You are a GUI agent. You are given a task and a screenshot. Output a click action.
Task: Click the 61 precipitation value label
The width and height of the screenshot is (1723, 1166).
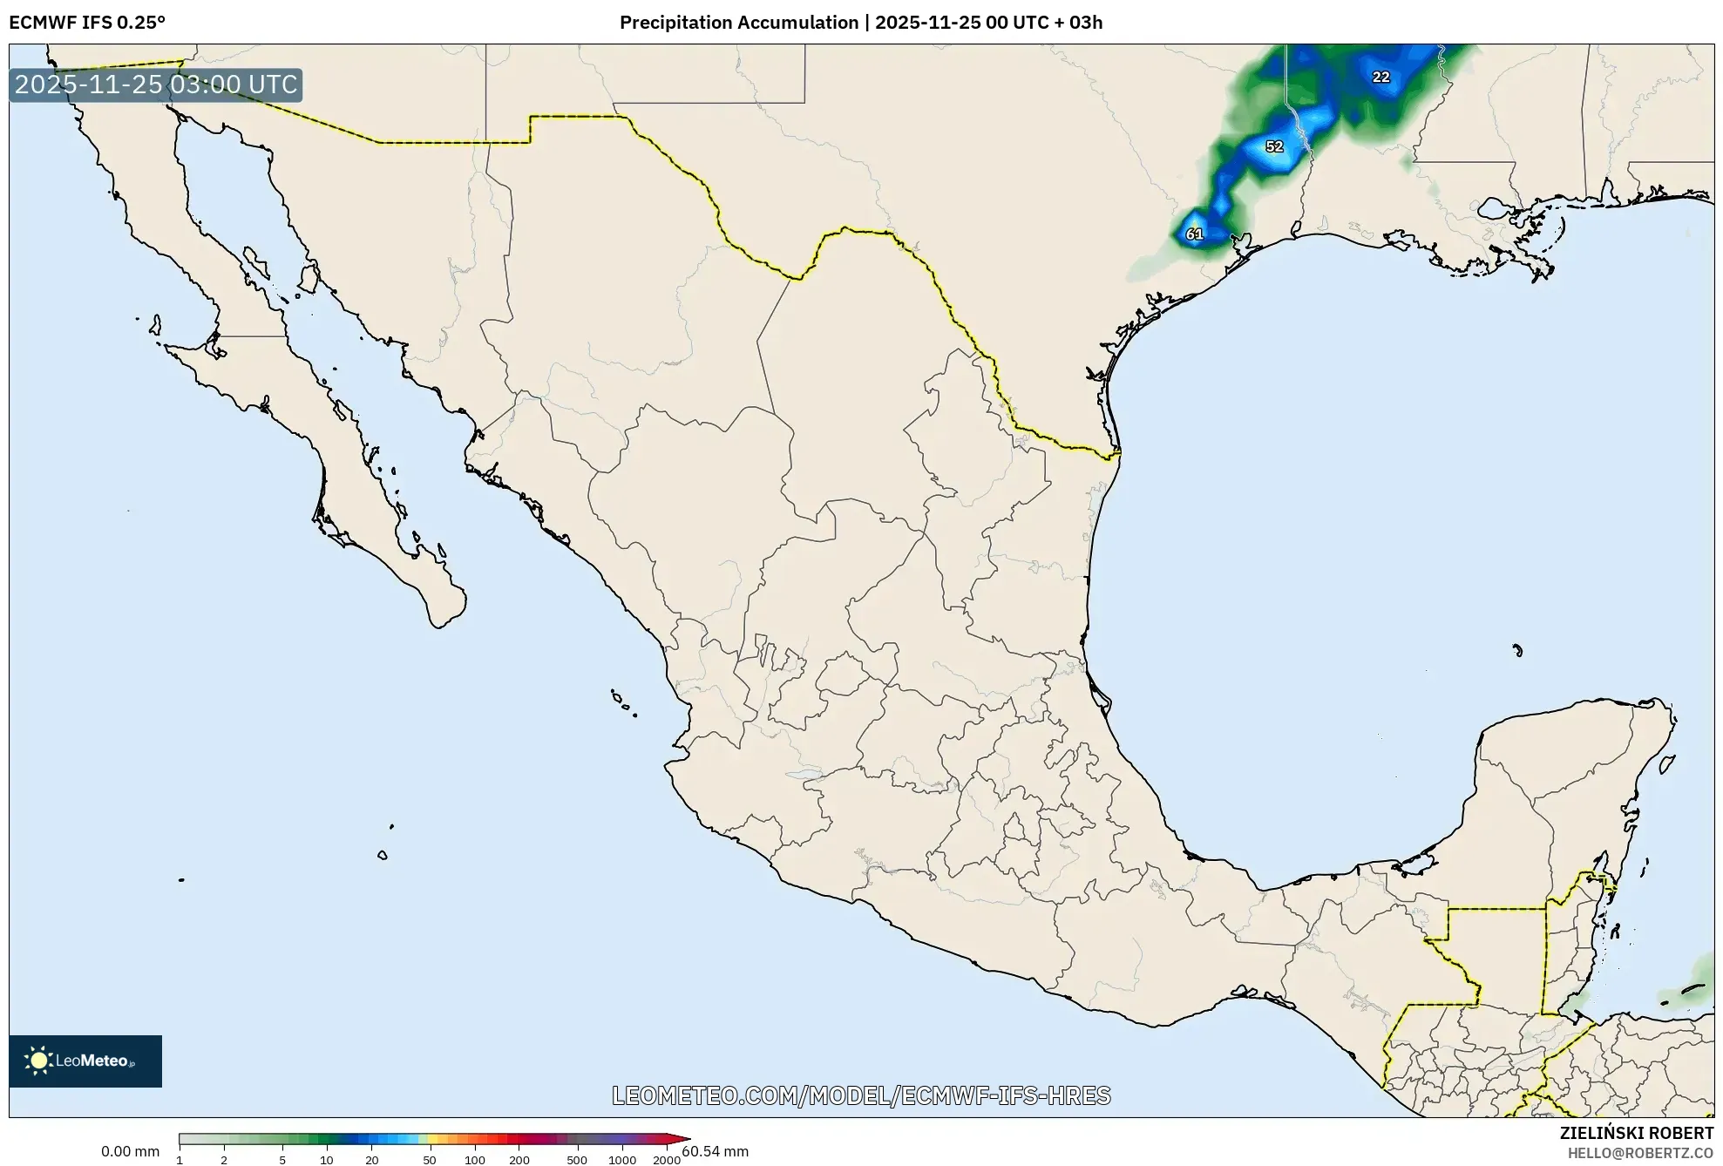[1194, 234]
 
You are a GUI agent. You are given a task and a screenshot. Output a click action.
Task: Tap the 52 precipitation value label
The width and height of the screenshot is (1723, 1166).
[1274, 146]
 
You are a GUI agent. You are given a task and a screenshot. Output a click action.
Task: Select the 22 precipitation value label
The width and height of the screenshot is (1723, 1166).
[1380, 77]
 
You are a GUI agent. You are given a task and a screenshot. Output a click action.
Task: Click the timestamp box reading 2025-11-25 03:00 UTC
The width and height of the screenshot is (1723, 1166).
[156, 85]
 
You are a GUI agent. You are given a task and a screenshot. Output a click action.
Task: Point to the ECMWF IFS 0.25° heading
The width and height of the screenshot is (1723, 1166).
[87, 23]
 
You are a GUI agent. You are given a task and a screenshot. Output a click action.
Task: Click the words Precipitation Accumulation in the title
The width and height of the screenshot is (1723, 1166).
[738, 23]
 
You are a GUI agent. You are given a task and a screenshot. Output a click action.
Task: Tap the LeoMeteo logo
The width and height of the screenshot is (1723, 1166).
[85, 1061]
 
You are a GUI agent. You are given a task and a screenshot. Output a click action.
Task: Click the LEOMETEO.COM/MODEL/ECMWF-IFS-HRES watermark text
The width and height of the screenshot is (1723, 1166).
[861, 1095]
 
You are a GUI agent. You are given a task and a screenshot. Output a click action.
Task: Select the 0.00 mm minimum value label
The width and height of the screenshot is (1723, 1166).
[130, 1151]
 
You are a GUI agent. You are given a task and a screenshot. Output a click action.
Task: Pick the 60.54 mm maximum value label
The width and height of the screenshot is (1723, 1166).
[715, 1151]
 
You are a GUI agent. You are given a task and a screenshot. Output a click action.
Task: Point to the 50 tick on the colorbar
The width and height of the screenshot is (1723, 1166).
[429, 1160]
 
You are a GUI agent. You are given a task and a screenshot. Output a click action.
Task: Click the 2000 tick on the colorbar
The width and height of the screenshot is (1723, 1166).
[667, 1160]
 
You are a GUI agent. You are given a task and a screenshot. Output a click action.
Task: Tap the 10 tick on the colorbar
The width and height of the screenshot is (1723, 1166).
[326, 1160]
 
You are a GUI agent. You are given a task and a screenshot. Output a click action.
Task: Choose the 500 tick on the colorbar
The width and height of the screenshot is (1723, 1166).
[577, 1160]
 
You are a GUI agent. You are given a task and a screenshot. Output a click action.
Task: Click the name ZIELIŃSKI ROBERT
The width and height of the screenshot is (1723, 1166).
[1636, 1133]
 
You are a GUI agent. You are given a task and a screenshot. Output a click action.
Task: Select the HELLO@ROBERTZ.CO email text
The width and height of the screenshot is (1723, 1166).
[1640, 1153]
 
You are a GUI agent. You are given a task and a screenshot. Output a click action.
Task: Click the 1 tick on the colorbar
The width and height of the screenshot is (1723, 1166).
[180, 1160]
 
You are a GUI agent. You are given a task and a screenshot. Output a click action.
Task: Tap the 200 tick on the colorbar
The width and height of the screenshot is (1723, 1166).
[519, 1160]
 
